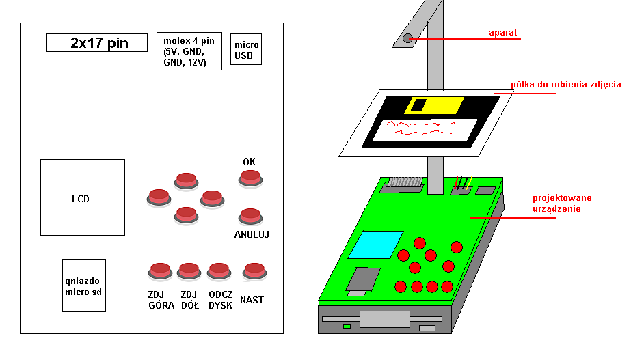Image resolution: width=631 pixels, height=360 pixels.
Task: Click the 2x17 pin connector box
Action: (x=97, y=43)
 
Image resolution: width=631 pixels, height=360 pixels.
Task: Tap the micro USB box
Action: (x=247, y=49)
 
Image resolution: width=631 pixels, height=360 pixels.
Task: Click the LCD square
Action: (x=82, y=198)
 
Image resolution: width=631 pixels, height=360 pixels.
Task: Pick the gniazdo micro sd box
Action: (x=83, y=285)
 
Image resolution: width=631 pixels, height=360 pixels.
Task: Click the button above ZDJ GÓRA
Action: (x=160, y=271)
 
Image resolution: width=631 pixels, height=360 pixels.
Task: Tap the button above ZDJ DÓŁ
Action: (x=188, y=271)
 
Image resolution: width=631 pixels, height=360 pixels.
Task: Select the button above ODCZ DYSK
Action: (x=218, y=271)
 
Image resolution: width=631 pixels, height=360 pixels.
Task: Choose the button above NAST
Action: (x=254, y=271)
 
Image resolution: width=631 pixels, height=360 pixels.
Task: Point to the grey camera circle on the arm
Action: (x=407, y=38)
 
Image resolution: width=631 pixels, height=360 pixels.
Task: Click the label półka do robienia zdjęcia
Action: (x=565, y=85)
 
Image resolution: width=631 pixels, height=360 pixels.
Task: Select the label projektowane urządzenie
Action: (x=562, y=203)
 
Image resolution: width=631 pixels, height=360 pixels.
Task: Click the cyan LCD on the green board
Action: (x=375, y=244)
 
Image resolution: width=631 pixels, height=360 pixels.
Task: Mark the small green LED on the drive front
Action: (x=347, y=327)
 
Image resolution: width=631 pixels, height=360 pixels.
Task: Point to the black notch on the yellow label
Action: (x=418, y=105)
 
